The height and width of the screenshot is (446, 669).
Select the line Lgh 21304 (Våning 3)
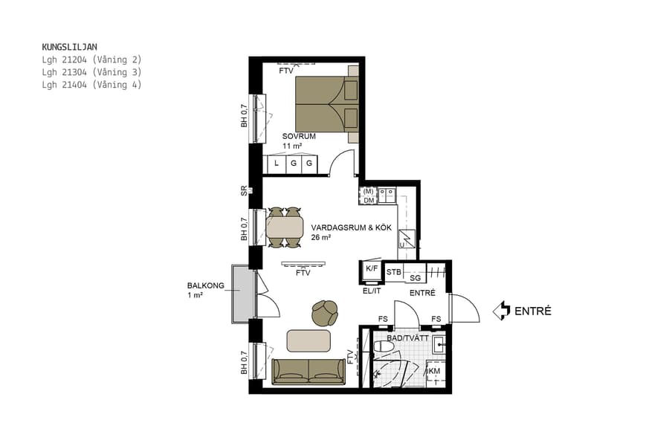91,72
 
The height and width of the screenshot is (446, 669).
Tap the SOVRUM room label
300,137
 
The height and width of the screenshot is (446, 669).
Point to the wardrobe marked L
276,163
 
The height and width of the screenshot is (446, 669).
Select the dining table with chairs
285,227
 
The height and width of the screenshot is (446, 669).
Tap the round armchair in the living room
325,313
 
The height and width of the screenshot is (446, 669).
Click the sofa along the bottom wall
308,370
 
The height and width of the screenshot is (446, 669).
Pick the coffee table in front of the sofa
308,340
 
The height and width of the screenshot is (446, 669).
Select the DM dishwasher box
369,200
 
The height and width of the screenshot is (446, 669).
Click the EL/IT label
372,291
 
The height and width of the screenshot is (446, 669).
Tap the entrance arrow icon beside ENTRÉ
503,310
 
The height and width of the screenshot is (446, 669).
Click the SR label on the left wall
244,190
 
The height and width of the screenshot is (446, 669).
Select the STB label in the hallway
394,272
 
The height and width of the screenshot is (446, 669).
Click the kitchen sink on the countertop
387,195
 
